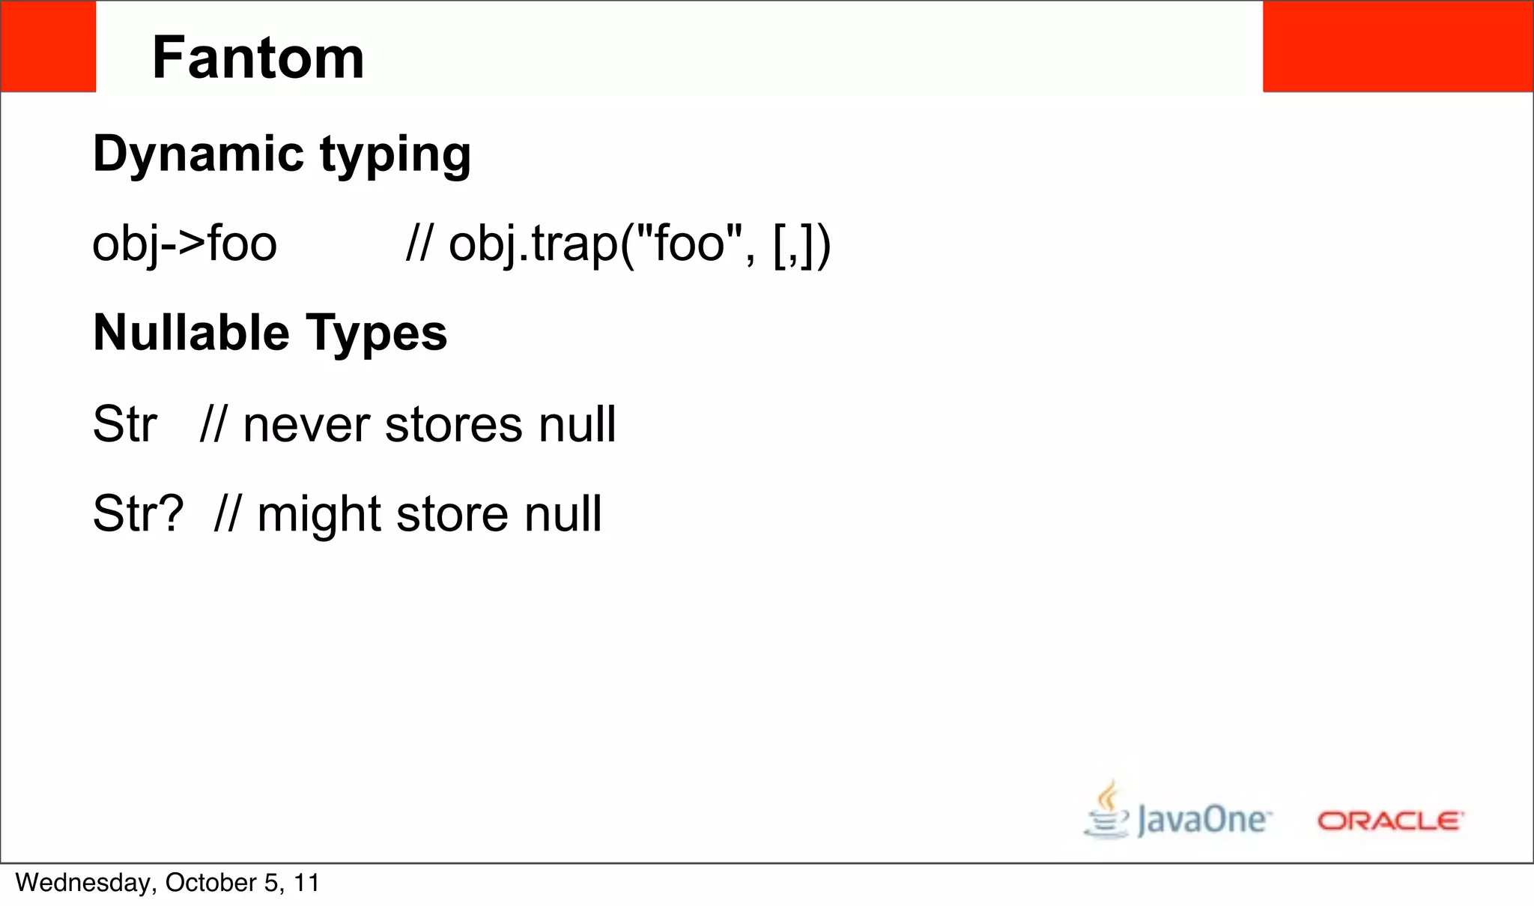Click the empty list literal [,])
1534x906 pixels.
[x=801, y=245]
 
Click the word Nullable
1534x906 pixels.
[x=191, y=333]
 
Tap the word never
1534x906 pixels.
[x=306, y=425]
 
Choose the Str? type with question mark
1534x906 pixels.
[x=138, y=514]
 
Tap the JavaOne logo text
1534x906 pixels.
[x=1203, y=820]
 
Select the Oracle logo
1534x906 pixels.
[x=1389, y=821]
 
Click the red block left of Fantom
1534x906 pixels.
[x=48, y=46]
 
